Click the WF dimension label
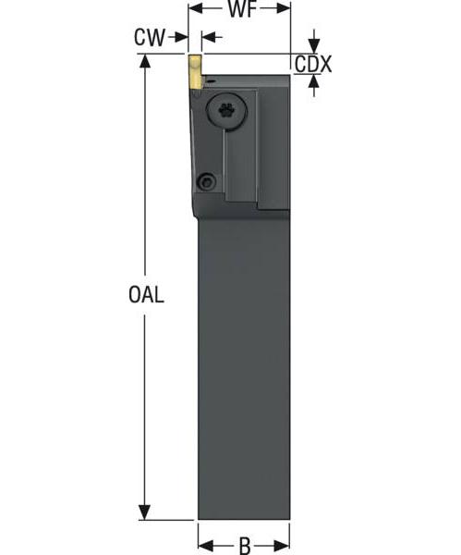point(242,9)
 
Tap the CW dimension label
point(149,37)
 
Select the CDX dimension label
point(313,65)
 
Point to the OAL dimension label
point(146,294)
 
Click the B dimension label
point(245,546)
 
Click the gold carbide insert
point(195,72)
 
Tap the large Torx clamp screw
point(226,111)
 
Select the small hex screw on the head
point(206,182)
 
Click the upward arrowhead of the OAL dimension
point(144,61)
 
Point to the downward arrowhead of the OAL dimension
point(144,512)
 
